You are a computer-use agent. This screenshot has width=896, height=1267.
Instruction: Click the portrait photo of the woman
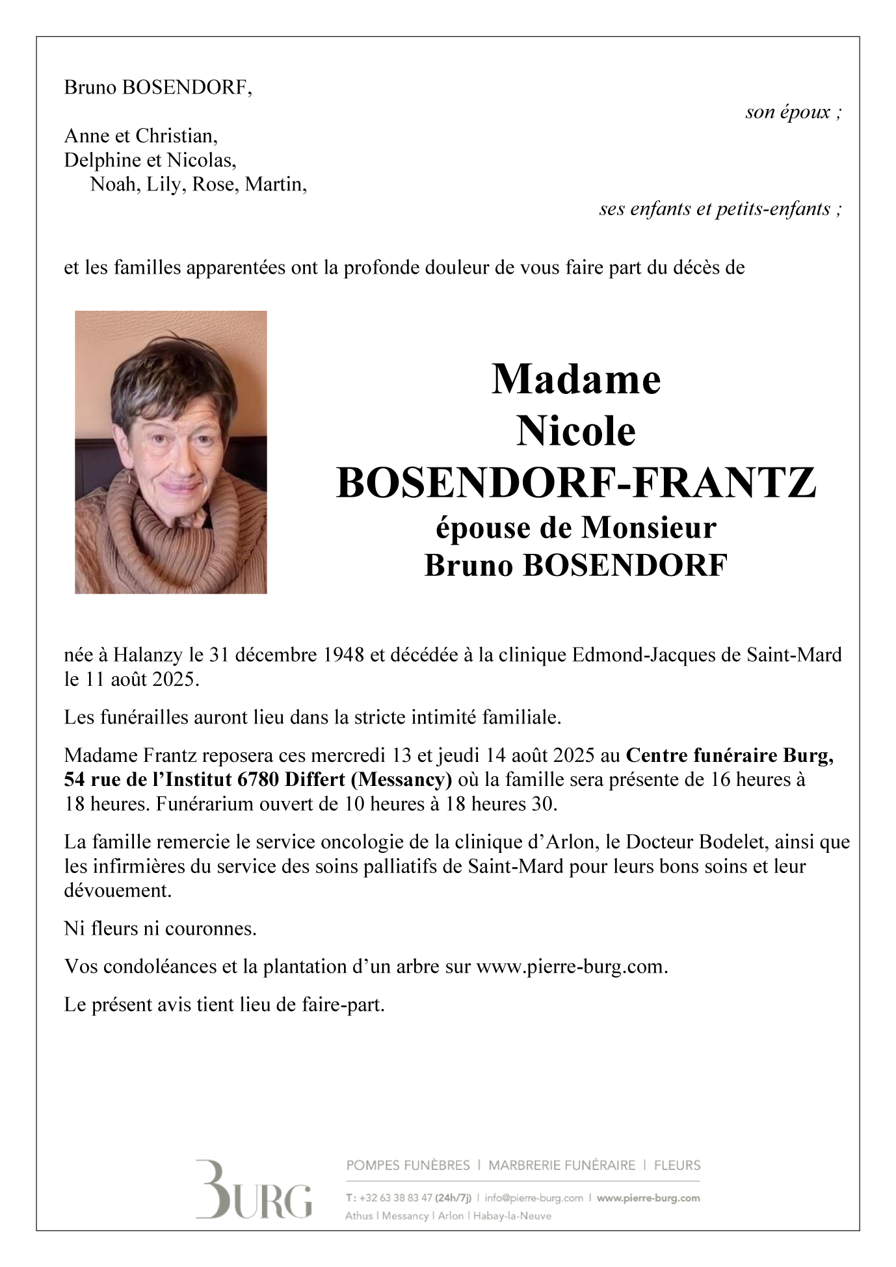tap(170, 452)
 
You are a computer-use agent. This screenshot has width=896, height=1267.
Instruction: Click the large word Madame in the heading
tap(576, 379)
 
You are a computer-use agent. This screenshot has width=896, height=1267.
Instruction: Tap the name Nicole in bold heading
tap(576, 431)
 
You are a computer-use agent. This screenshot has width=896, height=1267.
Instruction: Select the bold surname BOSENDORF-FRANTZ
tap(576, 483)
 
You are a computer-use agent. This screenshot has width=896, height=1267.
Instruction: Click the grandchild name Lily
tap(163, 185)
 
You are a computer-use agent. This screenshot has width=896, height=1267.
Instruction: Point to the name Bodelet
tap(736, 842)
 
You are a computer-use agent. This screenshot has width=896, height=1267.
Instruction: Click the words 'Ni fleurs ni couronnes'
tap(160, 928)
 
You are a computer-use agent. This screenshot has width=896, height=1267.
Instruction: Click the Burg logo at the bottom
tap(254, 1189)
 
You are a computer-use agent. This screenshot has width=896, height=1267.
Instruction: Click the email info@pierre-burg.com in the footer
tap(534, 1198)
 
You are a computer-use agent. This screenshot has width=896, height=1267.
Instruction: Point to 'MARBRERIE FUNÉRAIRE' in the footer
tap(562, 1166)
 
